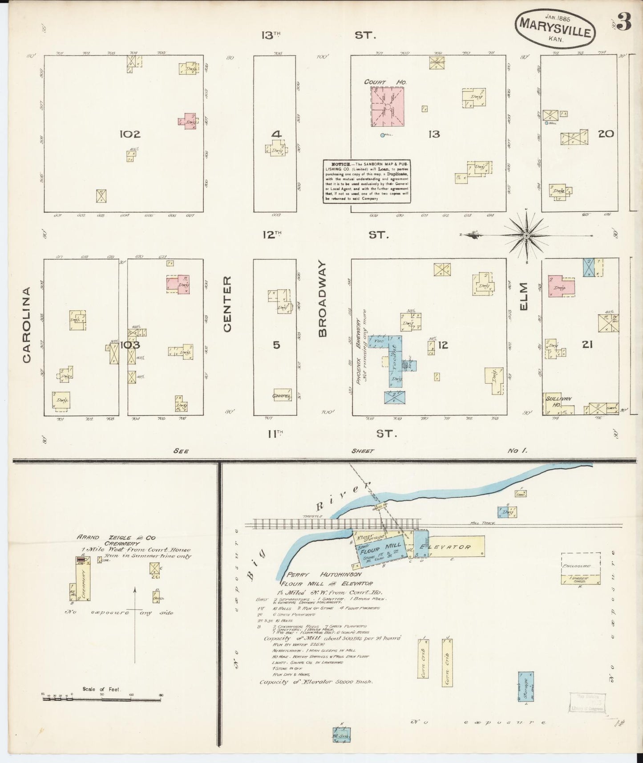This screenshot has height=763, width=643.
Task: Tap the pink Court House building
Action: [387, 106]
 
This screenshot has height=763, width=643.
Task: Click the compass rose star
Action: [526, 235]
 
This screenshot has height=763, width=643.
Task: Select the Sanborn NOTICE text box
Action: [367, 181]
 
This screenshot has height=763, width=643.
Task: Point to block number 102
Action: [130, 134]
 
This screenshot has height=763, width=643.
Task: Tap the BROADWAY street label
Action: [322, 299]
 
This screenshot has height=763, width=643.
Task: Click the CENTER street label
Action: [227, 304]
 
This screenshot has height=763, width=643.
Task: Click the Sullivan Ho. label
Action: [554, 402]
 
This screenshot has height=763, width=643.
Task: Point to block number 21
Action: [587, 344]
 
